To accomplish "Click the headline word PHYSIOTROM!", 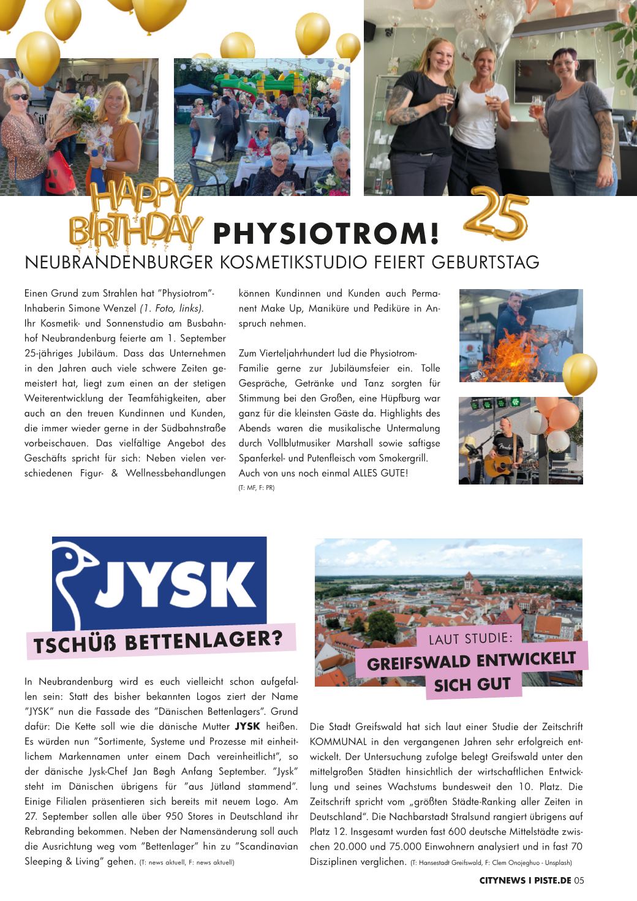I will (326, 233).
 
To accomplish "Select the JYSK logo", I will (159, 584).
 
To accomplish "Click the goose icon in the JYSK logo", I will (77, 579).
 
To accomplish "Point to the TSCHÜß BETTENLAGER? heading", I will (159, 641).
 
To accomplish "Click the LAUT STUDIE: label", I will (470, 638).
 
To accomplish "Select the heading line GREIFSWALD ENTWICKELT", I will (472, 662).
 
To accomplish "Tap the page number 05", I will (579, 880).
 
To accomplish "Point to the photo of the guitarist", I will (521, 440).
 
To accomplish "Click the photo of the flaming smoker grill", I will (521, 336).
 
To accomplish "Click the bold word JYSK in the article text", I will (247, 726).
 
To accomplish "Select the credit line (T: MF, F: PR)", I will (256, 488).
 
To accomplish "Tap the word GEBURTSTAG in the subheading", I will (486, 262).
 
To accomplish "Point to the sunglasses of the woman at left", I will (19, 97).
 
